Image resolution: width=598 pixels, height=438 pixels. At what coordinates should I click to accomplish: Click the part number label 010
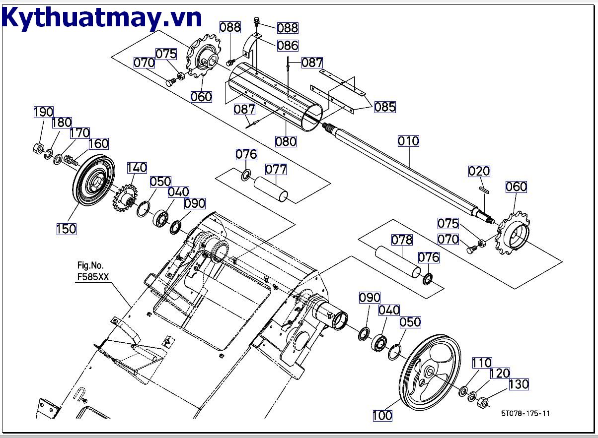408,141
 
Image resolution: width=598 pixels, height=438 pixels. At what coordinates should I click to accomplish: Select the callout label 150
66,229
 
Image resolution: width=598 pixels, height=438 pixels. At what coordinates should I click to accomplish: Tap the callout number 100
382,415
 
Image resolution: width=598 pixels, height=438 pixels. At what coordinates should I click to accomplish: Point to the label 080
286,141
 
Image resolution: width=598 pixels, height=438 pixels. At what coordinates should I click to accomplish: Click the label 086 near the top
288,46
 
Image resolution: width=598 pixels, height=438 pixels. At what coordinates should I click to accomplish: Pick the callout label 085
385,107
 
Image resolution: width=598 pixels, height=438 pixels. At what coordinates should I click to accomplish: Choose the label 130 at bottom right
519,384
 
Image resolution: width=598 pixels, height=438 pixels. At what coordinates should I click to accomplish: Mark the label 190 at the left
43,112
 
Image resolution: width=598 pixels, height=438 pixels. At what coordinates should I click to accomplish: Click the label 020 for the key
479,172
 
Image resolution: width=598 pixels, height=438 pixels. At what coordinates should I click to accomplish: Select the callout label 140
137,168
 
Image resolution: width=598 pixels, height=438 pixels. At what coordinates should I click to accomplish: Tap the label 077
276,170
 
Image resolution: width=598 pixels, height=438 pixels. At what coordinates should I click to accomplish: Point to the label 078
401,240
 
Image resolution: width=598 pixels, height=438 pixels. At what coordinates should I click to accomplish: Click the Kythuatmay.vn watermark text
102,18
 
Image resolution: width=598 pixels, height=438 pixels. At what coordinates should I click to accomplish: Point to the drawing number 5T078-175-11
525,413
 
